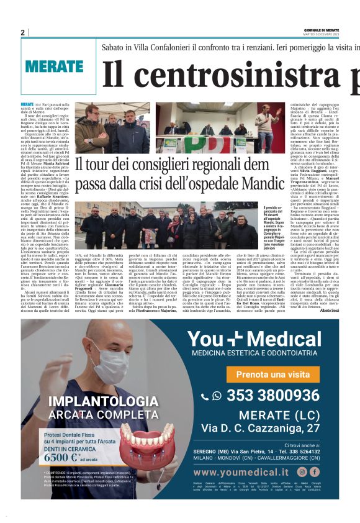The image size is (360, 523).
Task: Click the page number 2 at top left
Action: click(x=23, y=32)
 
